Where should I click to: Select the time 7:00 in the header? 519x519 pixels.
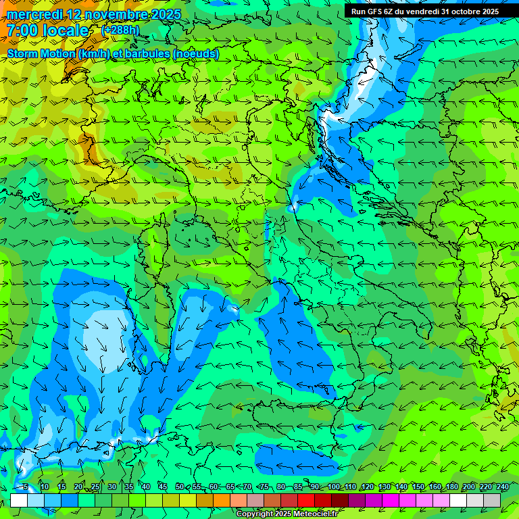(x=22, y=30)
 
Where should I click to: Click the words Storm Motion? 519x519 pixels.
(x=41, y=53)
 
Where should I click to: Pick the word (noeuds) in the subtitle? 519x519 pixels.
(x=196, y=53)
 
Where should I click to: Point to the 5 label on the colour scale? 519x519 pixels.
(x=26, y=487)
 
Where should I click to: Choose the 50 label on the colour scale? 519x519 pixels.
(x=179, y=487)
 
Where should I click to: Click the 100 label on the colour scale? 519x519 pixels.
(x=333, y=487)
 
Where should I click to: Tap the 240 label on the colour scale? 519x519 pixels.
(x=503, y=487)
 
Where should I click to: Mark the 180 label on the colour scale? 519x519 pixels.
(x=451, y=487)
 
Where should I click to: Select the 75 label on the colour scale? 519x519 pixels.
(x=264, y=487)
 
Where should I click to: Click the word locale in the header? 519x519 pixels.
(x=65, y=30)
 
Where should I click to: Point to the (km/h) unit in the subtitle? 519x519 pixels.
(x=93, y=53)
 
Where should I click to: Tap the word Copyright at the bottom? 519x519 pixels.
(x=255, y=514)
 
